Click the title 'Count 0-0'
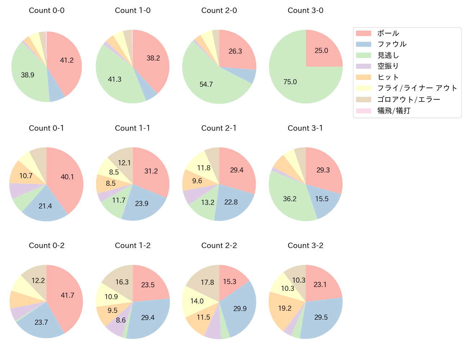[46, 10]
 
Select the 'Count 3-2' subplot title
[305, 246]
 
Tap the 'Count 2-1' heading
[219, 128]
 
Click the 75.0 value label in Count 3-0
[290, 82]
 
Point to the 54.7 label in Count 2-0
[206, 85]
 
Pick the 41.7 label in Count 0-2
[67, 296]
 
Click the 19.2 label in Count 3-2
[285, 309]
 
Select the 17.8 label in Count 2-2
[207, 283]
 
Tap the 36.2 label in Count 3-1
[289, 199]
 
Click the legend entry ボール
[388, 33]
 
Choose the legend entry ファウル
[392, 44]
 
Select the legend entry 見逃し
[388, 55]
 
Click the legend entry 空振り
[388, 66]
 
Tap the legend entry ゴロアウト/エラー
[409, 99]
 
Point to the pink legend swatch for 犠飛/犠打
[363, 111]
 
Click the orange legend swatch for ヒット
[363, 77]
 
